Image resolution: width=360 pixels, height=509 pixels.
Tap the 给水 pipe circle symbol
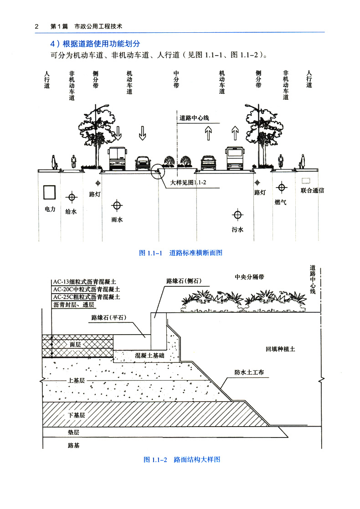[72, 197]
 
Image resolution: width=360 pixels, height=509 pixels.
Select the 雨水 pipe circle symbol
[118, 205]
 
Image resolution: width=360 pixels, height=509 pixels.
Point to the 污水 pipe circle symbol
[237, 215]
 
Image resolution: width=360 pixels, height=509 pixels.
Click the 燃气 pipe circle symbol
[282, 187]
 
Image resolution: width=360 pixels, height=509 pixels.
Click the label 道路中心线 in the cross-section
[194, 118]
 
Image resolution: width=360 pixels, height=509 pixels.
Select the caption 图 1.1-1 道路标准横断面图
[180, 253]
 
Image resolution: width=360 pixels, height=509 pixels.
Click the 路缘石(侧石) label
[184, 281]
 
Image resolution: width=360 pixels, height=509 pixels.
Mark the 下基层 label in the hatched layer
[77, 415]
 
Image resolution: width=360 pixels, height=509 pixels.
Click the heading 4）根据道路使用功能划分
[95, 44]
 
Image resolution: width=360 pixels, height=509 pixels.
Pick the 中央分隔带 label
[250, 276]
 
